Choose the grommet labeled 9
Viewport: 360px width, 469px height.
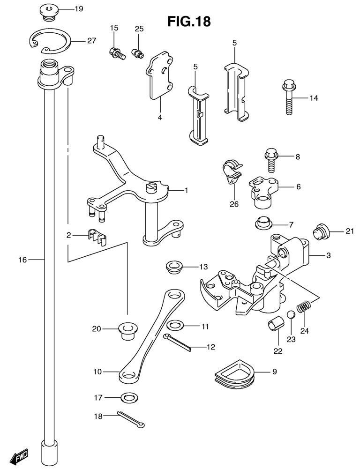click(x=232, y=373)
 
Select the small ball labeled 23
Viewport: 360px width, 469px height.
click(x=291, y=314)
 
